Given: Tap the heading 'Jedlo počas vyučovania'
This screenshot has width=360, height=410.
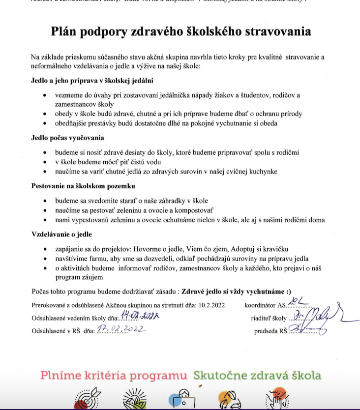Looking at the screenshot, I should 67,138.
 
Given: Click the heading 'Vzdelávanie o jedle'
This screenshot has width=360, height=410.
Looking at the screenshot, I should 61,234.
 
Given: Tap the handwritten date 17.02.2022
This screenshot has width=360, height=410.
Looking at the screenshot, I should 120,330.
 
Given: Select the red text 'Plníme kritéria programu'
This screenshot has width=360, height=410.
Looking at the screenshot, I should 115,376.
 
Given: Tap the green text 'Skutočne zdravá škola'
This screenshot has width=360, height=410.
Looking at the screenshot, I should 257,376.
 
